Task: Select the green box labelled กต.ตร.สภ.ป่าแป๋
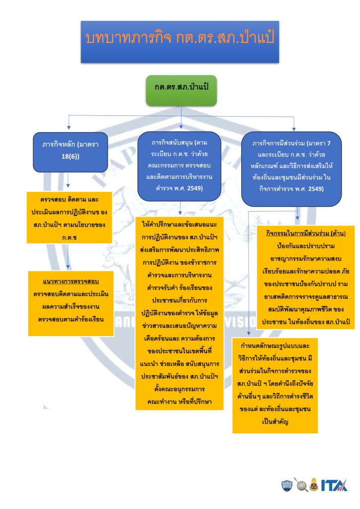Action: [x=181, y=90]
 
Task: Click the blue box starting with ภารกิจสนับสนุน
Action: [x=180, y=166]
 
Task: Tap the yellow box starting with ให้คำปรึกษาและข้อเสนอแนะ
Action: [x=180, y=313]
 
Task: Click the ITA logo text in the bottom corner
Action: [x=334, y=485]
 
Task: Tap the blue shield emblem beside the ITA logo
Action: [x=287, y=485]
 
